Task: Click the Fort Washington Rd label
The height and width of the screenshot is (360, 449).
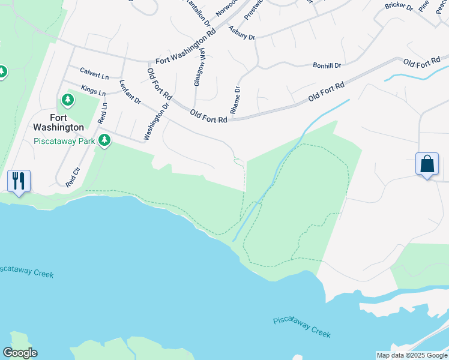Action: click(185, 48)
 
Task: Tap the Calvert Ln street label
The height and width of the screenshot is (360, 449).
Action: click(94, 77)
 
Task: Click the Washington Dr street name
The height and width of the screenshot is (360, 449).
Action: click(157, 122)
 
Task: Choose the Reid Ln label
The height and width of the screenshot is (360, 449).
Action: click(103, 113)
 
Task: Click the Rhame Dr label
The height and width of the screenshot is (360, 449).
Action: click(235, 100)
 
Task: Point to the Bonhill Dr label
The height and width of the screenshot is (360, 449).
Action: click(327, 65)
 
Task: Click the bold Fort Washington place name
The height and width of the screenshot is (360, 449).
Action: click(58, 122)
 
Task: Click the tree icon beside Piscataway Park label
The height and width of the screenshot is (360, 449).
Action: click(105, 140)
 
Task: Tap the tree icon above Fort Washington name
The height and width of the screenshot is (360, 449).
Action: click(68, 99)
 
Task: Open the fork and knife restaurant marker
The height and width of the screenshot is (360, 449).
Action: click(19, 180)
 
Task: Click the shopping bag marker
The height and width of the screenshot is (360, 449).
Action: click(427, 164)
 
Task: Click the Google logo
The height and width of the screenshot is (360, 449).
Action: click(20, 353)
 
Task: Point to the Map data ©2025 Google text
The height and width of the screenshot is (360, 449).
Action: click(412, 355)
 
